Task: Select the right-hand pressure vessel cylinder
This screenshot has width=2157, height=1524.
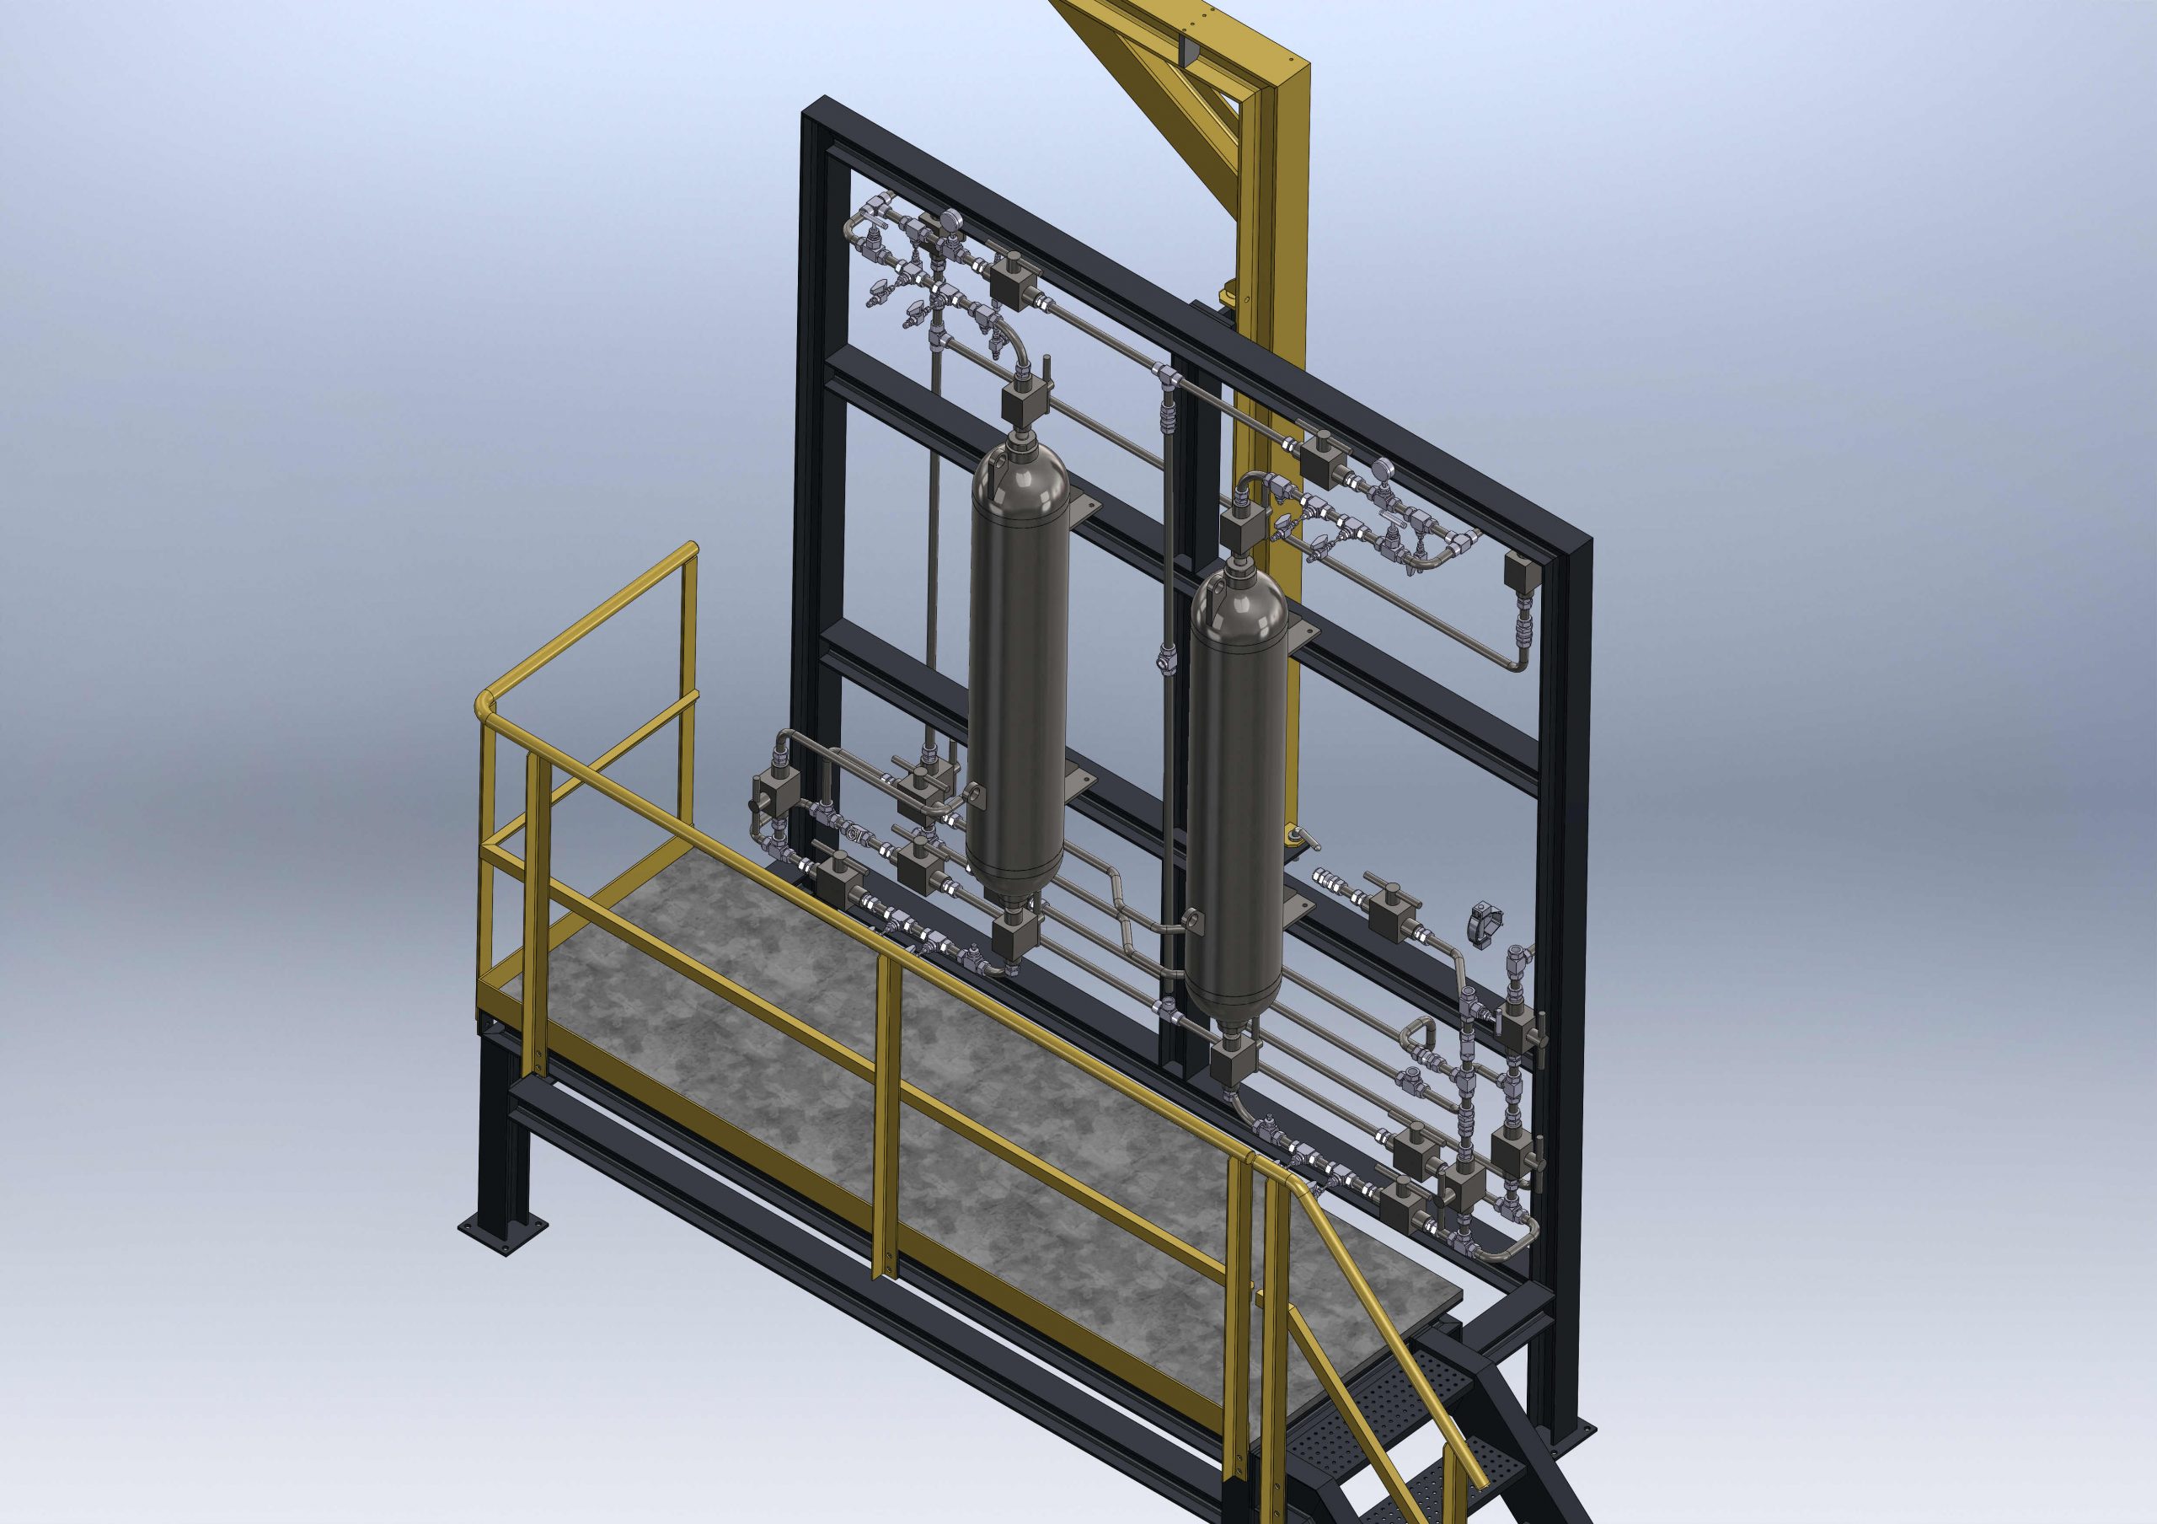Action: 1234,798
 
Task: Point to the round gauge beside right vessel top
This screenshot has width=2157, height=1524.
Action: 1383,468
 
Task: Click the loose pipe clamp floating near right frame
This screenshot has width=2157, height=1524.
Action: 1487,926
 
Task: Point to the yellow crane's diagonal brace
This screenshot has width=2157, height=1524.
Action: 1165,71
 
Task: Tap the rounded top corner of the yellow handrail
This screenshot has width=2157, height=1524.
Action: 485,703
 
